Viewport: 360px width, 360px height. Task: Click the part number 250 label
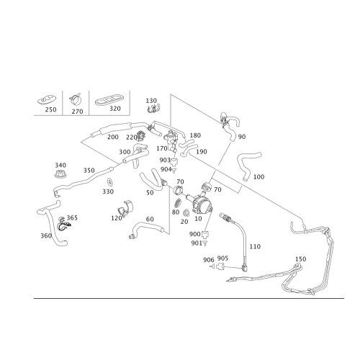[x=51, y=109]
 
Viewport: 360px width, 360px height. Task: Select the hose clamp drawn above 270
[x=76, y=99]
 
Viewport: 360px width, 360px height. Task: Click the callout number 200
[x=113, y=137]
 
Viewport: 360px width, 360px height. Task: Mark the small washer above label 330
[x=110, y=182]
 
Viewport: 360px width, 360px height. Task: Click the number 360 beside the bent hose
[x=46, y=235]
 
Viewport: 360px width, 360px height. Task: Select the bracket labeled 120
[x=126, y=207]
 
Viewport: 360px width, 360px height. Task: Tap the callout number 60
[x=150, y=219]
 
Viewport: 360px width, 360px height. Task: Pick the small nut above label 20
[x=186, y=212]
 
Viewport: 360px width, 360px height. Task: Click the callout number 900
[x=195, y=234]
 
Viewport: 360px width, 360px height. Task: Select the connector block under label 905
[x=220, y=266]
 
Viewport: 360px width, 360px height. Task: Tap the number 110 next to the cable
[x=255, y=246]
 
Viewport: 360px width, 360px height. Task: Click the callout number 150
[x=300, y=259]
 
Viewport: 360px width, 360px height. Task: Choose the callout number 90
[x=242, y=137]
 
